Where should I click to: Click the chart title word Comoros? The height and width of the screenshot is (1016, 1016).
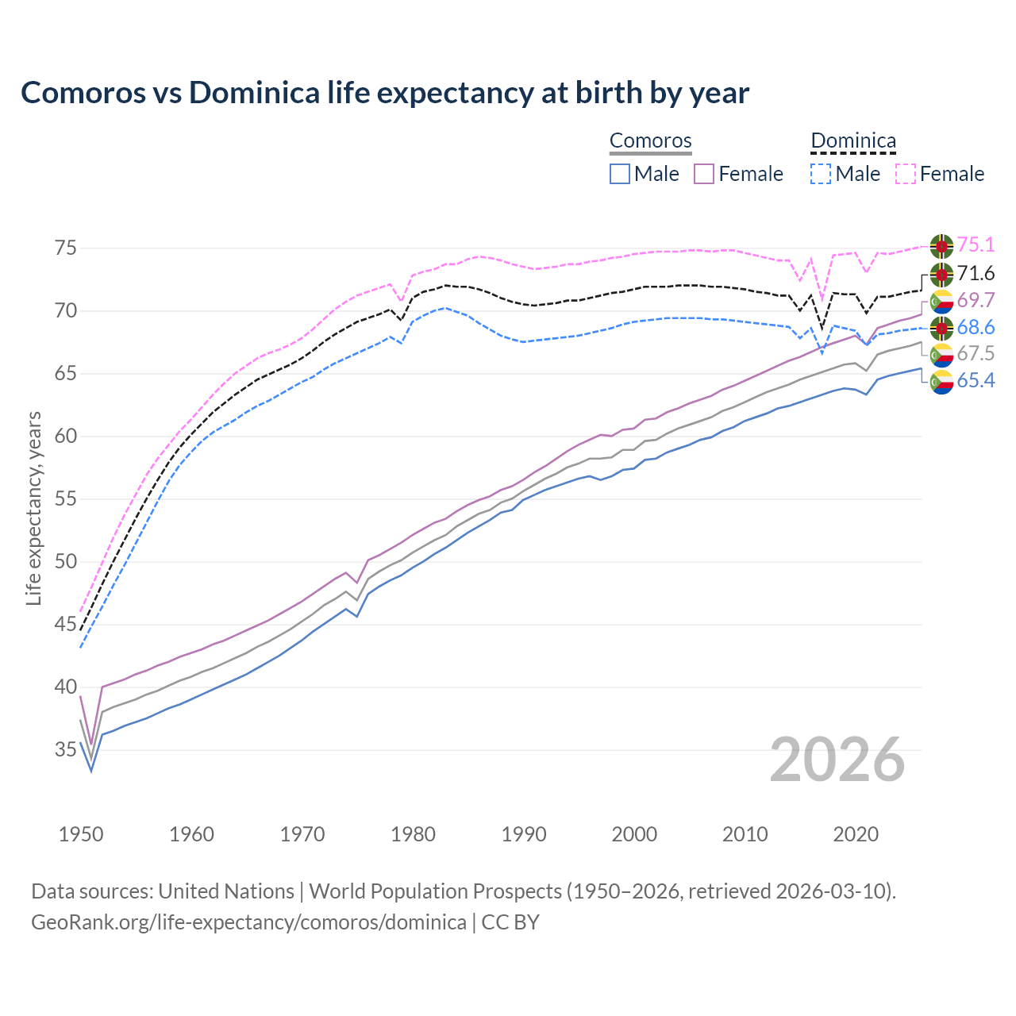tap(78, 93)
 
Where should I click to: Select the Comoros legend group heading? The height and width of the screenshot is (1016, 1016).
tap(650, 140)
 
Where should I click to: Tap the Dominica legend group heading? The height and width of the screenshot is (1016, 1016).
tap(853, 140)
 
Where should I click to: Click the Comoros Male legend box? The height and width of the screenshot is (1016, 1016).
tap(620, 174)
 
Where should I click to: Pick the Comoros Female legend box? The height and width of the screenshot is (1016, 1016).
tap(704, 174)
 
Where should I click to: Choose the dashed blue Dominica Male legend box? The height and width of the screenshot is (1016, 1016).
tap(821, 174)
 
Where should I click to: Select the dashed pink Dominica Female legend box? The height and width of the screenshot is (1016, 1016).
tap(906, 174)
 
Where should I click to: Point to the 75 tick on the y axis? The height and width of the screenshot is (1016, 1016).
tap(66, 248)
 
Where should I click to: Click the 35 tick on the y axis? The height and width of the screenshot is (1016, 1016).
tap(66, 750)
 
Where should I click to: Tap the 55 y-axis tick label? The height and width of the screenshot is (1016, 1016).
tap(66, 499)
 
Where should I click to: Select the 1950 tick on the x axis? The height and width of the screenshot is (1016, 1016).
tap(81, 834)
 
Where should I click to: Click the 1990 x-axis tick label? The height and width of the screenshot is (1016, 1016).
tap(524, 834)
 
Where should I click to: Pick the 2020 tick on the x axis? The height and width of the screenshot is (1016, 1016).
tap(856, 834)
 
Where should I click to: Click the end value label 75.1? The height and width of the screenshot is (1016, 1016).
tap(976, 246)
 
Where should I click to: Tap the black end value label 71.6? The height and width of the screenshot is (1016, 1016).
tap(976, 274)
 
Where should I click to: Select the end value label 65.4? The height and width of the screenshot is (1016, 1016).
tap(976, 381)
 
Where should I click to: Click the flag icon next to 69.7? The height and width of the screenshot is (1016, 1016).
tap(941, 301)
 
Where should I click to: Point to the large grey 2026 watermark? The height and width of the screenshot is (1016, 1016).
tap(837, 760)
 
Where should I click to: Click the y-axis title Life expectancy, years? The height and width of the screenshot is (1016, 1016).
tap(33, 508)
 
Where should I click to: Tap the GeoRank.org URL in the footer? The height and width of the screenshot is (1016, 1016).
tap(248, 922)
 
